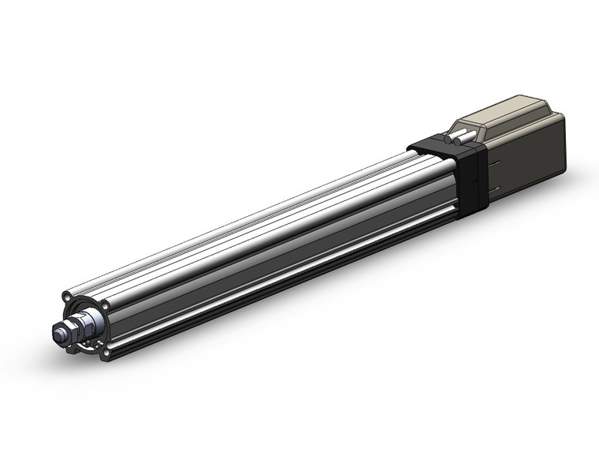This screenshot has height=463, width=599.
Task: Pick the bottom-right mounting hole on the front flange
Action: [x=105, y=353]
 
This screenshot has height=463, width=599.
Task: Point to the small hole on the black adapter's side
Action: [x=474, y=179]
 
